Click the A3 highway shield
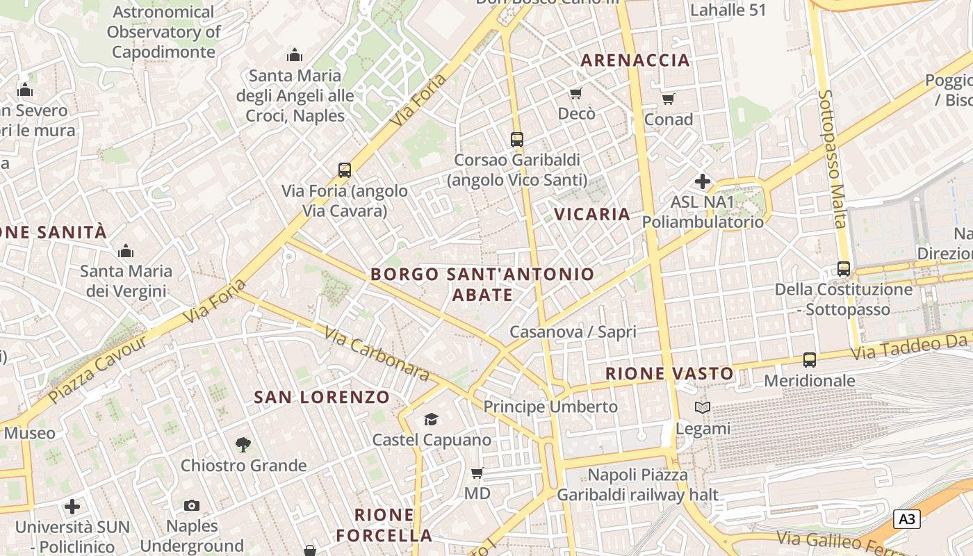point(907,518)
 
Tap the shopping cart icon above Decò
point(575,93)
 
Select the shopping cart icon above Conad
point(668,99)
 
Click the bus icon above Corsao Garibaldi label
point(516,139)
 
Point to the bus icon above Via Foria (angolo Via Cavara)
point(344,170)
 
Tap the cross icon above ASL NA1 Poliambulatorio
point(702,182)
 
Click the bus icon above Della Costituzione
point(843,268)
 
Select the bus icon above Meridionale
point(809,360)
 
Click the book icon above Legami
point(703,408)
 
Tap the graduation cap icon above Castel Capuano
point(431,419)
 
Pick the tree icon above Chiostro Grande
point(243,444)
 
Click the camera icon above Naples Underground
point(192,505)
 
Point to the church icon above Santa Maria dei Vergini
point(126,250)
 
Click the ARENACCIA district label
point(635,60)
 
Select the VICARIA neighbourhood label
point(592,214)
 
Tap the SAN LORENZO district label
point(322,398)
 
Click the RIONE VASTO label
point(669,374)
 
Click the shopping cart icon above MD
point(477,473)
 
